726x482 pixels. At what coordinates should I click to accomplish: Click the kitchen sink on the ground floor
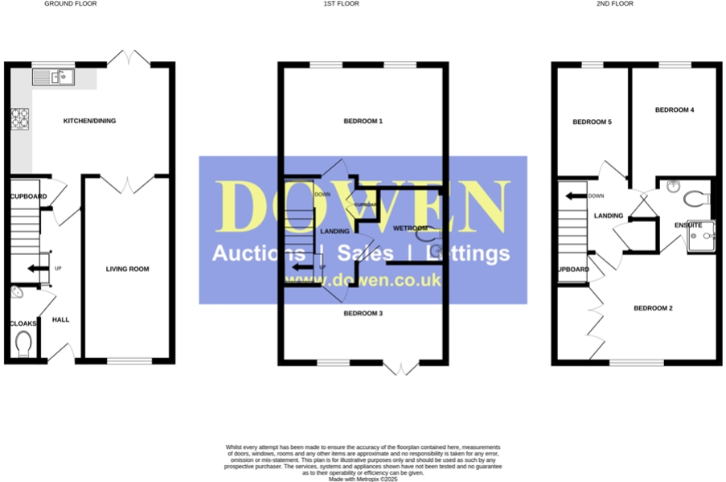tap(53, 77)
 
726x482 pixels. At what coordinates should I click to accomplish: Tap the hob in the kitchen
tap(20, 119)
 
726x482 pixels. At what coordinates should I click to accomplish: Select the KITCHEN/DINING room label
tap(90, 122)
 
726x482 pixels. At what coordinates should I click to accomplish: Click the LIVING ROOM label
tap(127, 269)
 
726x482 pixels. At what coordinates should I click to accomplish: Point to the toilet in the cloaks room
tap(23, 344)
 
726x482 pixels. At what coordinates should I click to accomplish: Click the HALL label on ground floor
tap(61, 319)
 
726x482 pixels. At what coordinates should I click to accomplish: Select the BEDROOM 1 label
tap(363, 122)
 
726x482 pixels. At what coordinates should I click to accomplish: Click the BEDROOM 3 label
tap(363, 312)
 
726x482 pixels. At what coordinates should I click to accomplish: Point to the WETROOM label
tap(409, 229)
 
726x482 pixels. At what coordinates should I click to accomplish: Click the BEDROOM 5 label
tap(592, 122)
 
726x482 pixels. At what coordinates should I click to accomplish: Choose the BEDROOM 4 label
tap(674, 109)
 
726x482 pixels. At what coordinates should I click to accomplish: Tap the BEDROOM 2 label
tap(653, 308)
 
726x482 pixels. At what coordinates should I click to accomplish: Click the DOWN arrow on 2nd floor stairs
tap(576, 196)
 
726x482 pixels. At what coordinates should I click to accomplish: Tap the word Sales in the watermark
tap(365, 254)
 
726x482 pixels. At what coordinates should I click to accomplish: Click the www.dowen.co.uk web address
tap(363, 281)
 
